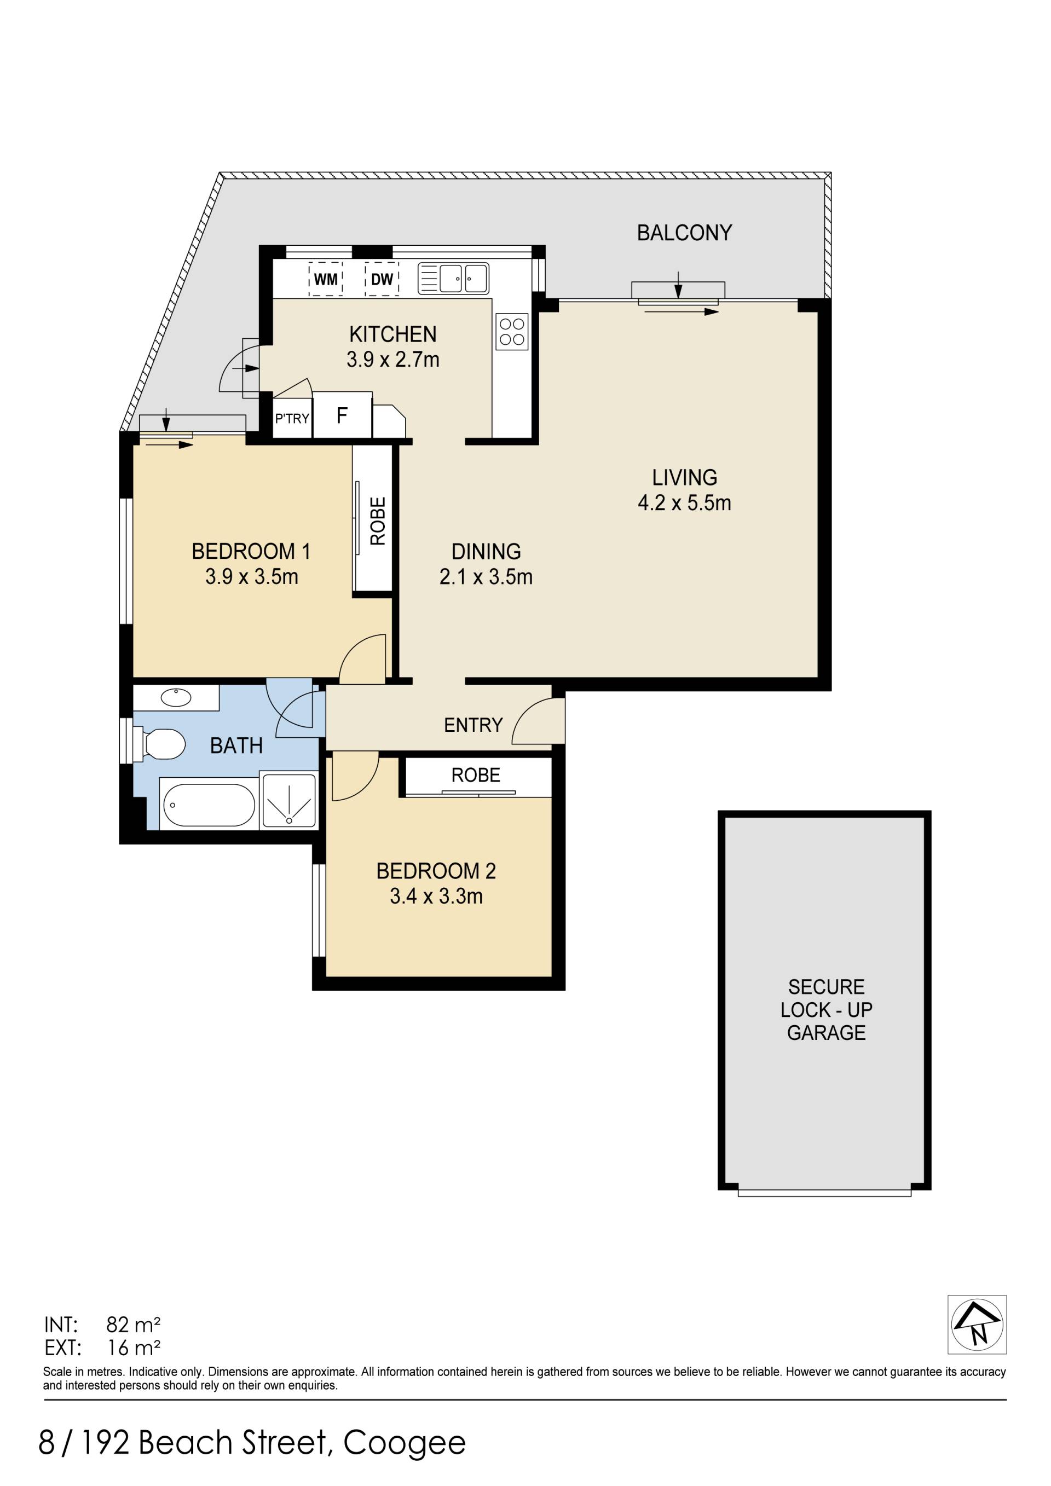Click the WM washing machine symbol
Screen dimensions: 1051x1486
click(326, 279)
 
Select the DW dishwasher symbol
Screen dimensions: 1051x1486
click(382, 279)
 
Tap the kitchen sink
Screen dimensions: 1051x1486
click(453, 278)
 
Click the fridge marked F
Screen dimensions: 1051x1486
click(342, 415)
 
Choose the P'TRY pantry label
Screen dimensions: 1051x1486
click(292, 419)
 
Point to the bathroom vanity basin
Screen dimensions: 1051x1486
click(176, 698)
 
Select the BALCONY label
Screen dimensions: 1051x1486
click(684, 233)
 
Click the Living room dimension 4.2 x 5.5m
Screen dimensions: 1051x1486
click(685, 503)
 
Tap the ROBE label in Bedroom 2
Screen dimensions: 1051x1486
click(476, 776)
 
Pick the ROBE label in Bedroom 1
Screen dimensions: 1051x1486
click(377, 521)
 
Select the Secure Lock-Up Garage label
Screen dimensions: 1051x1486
click(827, 1010)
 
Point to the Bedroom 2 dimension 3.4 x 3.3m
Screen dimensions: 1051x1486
click(436, 897)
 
